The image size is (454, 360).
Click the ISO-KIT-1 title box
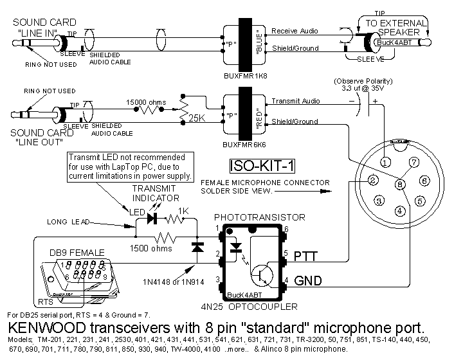click(262, 166)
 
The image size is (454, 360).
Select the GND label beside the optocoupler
click(307, 280)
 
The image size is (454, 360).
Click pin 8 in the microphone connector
click(399, 185)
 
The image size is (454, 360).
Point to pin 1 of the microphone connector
click(384, 161)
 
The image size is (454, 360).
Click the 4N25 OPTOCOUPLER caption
click(247, 309)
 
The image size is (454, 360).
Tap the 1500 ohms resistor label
click(152, 248)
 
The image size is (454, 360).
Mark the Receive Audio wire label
click(295, 31)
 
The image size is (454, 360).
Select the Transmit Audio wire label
click(295, 101)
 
